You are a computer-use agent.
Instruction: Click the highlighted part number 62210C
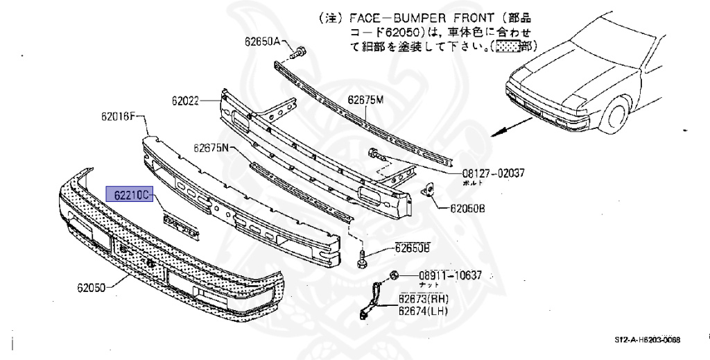point(128,196)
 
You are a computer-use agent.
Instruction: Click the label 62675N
point(211,148)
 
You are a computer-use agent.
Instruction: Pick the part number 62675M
point(365,100)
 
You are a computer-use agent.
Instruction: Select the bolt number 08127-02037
point(494,174)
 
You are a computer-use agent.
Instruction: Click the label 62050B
point(468,207)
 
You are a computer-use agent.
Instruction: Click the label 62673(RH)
point(424,299)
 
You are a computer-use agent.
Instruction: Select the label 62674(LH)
point(423,311)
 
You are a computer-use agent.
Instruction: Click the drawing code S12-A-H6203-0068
point(647,341)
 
